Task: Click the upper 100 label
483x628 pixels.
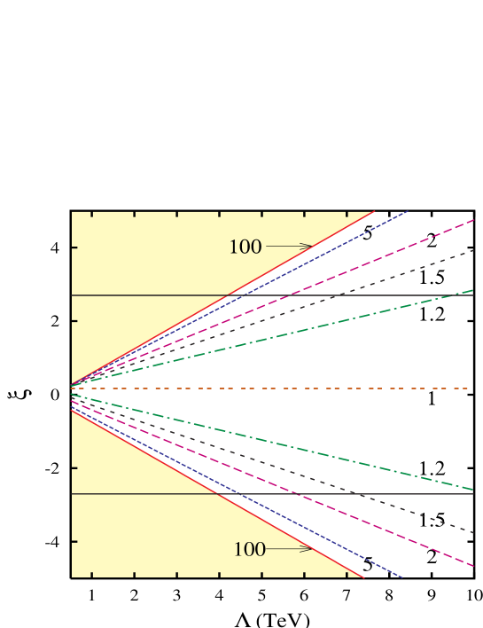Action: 245,247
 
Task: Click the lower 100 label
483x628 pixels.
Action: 250,550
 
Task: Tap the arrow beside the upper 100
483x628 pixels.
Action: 289,246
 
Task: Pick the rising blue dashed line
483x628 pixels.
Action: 354,238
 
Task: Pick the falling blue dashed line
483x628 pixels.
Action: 354,553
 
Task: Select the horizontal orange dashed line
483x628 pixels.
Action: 266,389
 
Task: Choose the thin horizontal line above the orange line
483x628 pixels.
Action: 133,294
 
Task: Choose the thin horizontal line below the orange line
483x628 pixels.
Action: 133,493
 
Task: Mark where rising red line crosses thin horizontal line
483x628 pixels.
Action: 229,294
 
